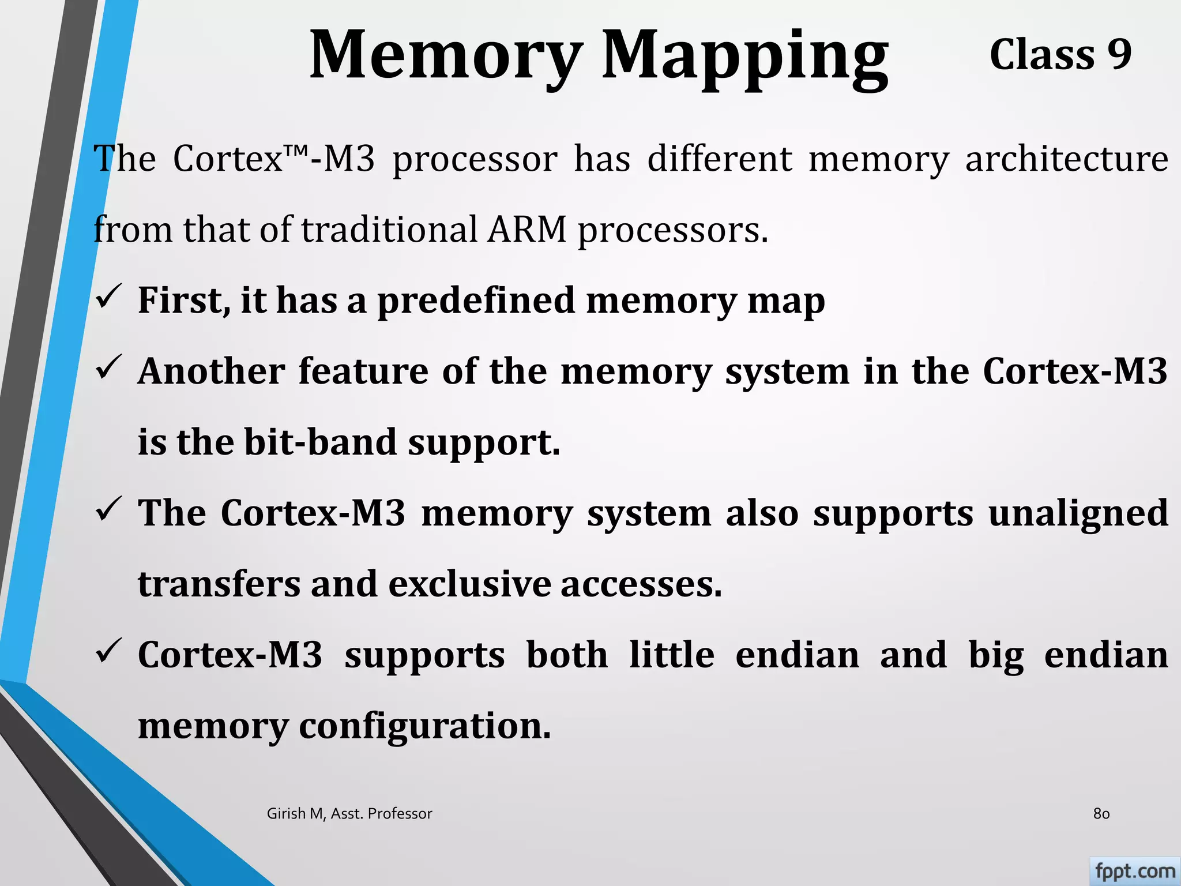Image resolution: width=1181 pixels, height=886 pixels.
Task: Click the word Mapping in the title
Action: click(x=745, y=58)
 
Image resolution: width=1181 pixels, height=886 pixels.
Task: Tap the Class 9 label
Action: click(x=1060, y=55)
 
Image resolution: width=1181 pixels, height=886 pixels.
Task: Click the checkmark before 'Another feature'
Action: click(x=108, y=367)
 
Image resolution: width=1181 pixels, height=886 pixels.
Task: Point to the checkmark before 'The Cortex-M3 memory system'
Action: click(x=108, y=509)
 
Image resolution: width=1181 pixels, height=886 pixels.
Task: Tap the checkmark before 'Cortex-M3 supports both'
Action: click(x=108, y=651)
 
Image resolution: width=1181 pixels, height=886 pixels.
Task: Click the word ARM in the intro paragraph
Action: click(x=527, y=229)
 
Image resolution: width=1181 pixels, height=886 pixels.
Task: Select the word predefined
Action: click(x=476, y=301)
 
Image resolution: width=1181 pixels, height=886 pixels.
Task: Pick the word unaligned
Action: click(x=1078, y=513)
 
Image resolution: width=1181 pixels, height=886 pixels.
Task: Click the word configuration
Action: click(x=425, y=727)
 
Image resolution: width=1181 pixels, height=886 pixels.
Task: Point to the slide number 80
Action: click(x=1101, y=814)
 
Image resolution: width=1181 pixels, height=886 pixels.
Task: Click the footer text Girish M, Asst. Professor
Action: click(x=349, y=814)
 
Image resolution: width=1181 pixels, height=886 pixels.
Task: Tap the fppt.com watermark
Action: click(x=1134, y=871)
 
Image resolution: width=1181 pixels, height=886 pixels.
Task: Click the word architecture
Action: click(x=1066, y=159)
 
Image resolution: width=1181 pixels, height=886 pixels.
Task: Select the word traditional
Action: click(x=389, y=229)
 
